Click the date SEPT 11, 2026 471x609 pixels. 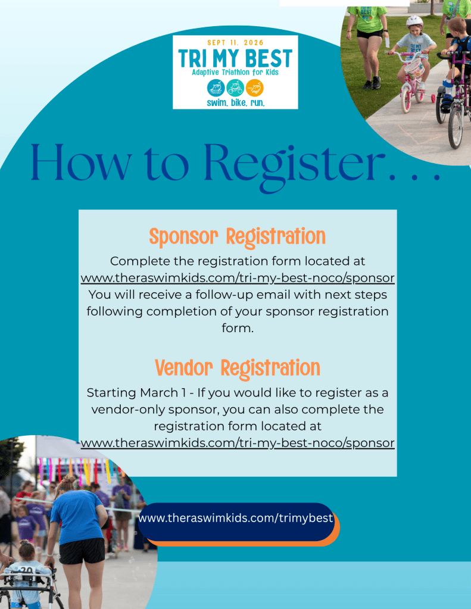tap(235, 43)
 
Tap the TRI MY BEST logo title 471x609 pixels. tap(235, 59)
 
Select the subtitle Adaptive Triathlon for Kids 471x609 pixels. tap(235, 72)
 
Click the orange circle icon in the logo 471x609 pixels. tap(254, 88)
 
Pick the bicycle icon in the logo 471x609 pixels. tap(235, 88)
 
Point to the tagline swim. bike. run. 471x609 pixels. tap(236, 103)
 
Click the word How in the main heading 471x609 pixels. tap(80, 163)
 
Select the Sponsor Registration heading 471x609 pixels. tap(238, 237)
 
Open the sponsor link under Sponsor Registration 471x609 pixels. tap(238, 278)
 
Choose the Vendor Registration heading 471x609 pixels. tap(238, 368)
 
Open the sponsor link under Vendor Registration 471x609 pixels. tap(238, 443)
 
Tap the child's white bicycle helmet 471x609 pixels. tap(414, 21)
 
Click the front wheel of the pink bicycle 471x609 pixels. tap(406, 99)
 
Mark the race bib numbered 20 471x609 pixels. tap(26, 570)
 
